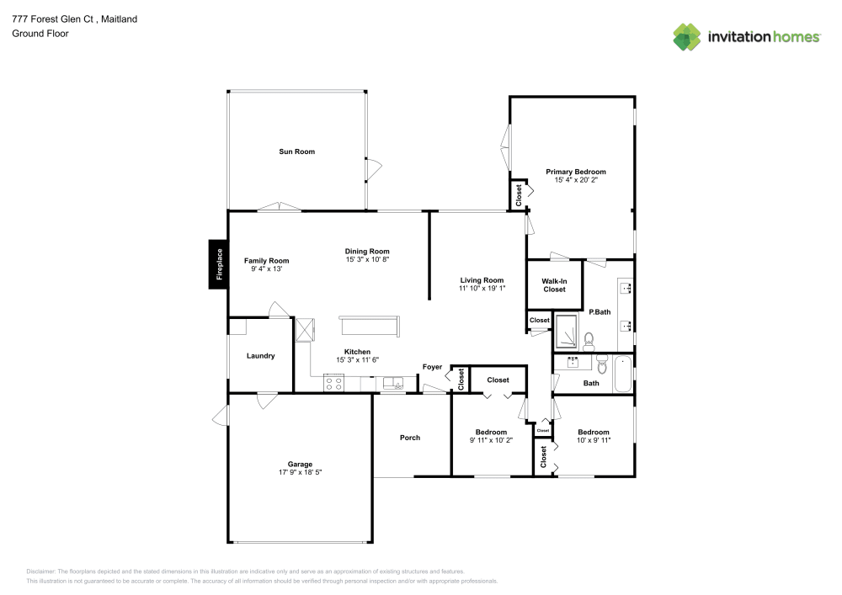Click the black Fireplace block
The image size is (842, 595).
pyautogui.click(x=218, y=264)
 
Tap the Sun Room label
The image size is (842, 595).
pyautogui.click(x=296, y=151)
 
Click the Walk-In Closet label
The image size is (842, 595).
pyautogui.click(x=553, y=285)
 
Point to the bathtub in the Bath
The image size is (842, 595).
pyautogui.click(x=622, y=375)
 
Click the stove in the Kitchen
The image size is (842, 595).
pyautogui.click(x=333, y=383)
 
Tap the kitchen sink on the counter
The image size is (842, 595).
pyautogui.click(x=393, y=383)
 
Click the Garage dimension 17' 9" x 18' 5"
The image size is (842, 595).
pyautogui.click(x=300, y=473)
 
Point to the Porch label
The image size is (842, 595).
pyautogui.click(x=410, y=438)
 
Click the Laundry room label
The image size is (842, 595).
pyautogui.click(x=260, y=356)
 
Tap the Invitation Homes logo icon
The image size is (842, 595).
pyautogui.click(x=687, y=36)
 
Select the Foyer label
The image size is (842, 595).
pyautogui.click(x=432, y=367)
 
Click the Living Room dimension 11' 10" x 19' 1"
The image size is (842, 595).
pyautogui.click(x=482, y=289)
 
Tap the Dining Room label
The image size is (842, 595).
pyautogui.click(x=367, y=251)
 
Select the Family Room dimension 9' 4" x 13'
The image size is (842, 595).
pyautogui.click(x=266, y=269)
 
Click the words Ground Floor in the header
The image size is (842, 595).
pyautogui.click(x=40, y=34)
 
